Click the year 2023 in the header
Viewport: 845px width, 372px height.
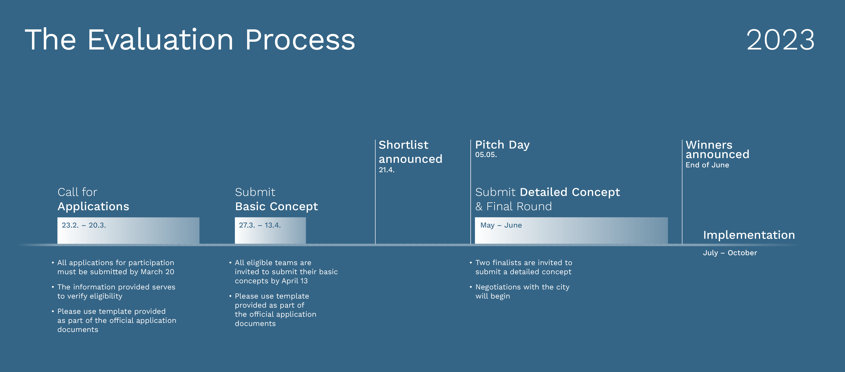(x=780, y=40)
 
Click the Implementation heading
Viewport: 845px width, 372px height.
(x=749, y=235)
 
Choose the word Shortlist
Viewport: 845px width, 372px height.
(x=404, y=145)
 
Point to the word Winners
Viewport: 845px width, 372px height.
(x=709, y=145)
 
